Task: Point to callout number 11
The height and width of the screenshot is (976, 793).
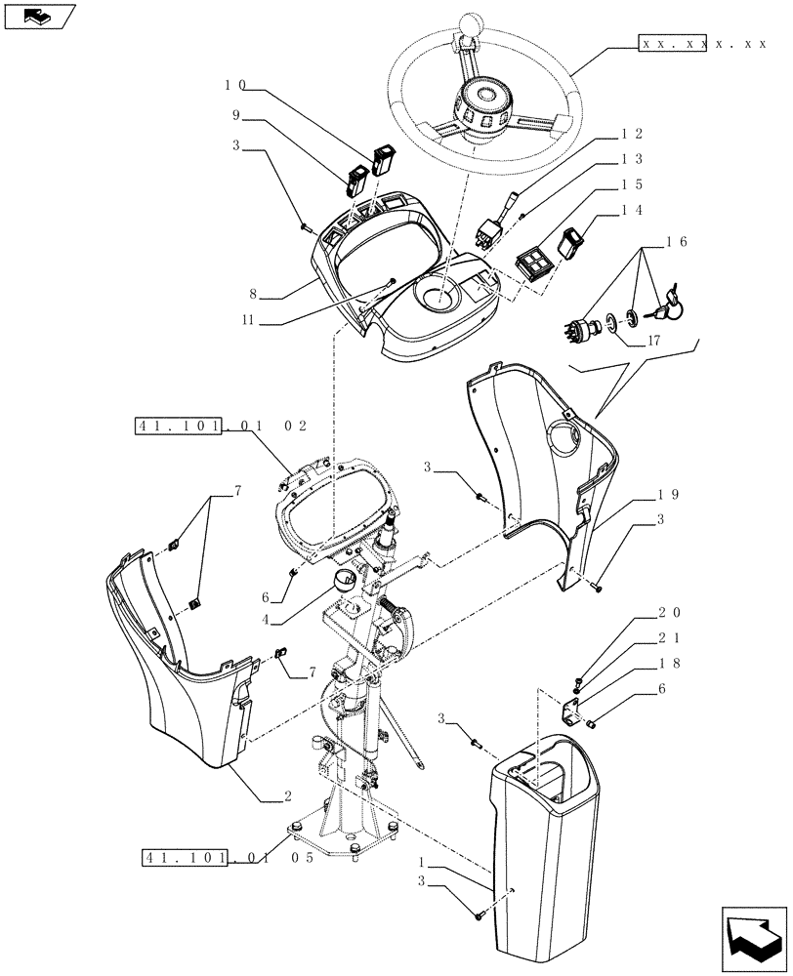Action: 252,319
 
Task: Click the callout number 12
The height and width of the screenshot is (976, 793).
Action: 631,133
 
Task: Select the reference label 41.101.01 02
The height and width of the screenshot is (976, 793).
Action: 221,426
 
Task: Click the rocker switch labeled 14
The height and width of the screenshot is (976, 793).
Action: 572,243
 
